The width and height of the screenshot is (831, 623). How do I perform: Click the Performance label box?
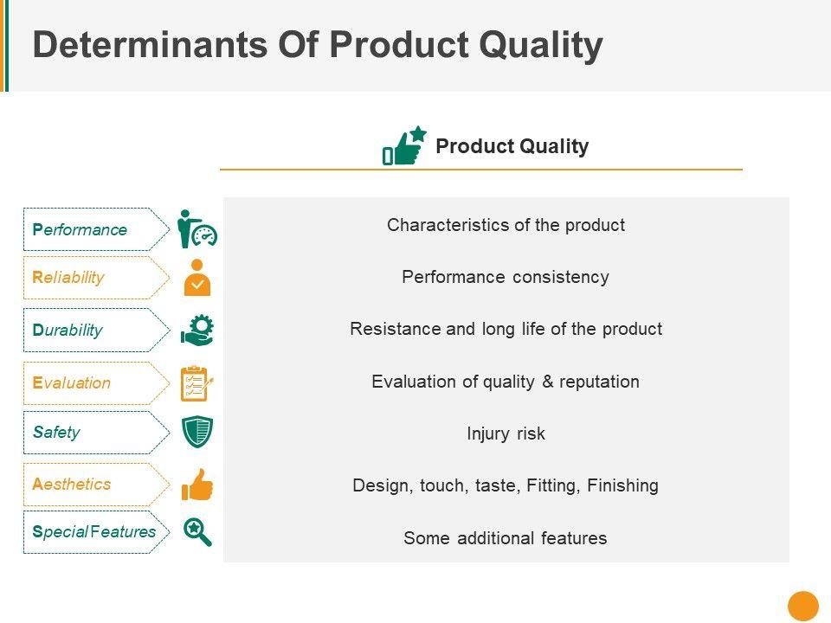[96, 229]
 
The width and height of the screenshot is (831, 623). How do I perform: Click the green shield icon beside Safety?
[197, 432]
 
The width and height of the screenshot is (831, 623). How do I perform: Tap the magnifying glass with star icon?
[197, 531]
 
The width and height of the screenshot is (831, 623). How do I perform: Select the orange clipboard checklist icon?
[197, 383]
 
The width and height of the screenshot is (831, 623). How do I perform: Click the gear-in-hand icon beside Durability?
[197, 331]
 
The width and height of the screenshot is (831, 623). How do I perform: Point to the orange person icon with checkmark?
[197, 278]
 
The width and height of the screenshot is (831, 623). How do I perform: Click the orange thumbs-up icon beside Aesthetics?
[197, 485]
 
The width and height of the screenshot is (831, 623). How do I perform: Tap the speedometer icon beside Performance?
[204, 235]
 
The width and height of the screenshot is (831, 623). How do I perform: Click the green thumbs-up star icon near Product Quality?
[404, 145]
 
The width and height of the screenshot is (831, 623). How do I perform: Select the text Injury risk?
[506, 434]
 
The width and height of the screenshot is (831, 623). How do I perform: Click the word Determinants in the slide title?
[151, 44]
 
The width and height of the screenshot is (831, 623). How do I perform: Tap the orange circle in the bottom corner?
[803, 606]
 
